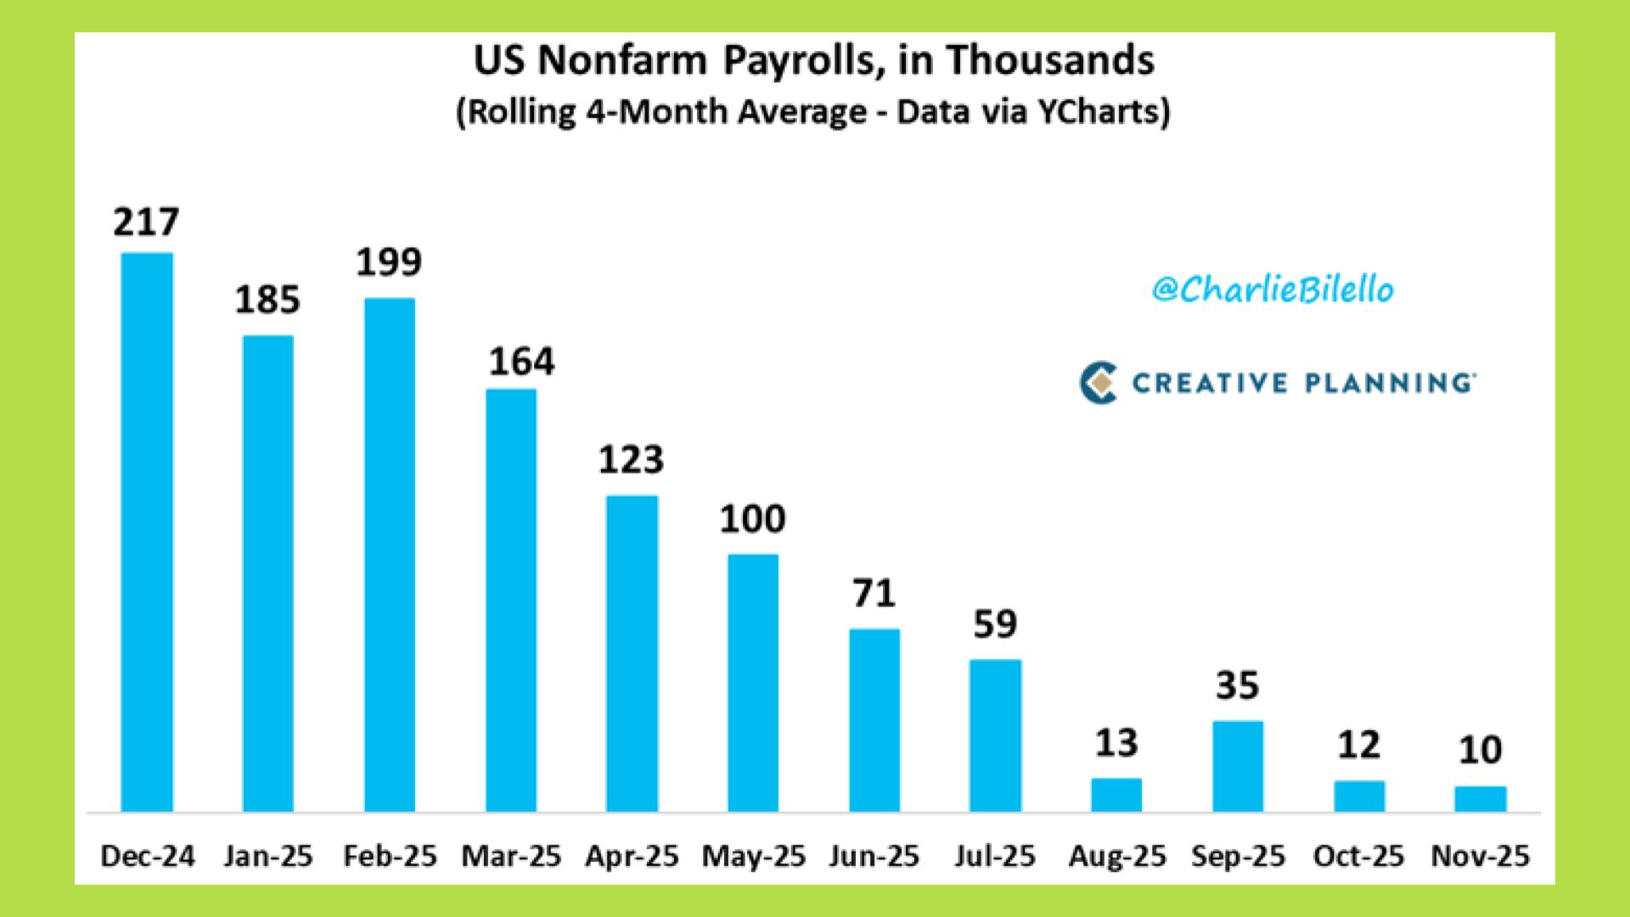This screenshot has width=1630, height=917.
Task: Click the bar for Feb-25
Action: coord(390,554)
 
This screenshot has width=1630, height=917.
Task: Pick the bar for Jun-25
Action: coord(874,720)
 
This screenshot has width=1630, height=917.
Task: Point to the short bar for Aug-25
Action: coord(1116,795)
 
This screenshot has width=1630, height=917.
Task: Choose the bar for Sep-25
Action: coord(1238,766)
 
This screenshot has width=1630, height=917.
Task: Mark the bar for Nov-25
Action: coord(1481,798)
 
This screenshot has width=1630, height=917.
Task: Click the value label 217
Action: coord(146,222)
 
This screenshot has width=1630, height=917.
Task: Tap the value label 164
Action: coord(521,362)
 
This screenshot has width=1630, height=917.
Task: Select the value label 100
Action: coord(752,519)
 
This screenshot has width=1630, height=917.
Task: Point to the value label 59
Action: coord(995,624)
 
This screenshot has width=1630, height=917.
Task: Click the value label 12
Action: coord(1358,745)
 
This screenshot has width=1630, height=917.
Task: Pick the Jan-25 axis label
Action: coord(268,856)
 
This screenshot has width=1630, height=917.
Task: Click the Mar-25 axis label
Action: coord(511,856)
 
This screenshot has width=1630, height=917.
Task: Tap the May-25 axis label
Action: coord(753,856)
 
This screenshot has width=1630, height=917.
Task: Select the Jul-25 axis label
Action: coord(995,856)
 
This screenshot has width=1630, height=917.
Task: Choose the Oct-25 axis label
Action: coord(1358,856)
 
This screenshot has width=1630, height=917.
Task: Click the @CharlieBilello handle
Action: coord(1273,290)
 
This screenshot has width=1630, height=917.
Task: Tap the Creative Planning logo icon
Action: coord(1098,383)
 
